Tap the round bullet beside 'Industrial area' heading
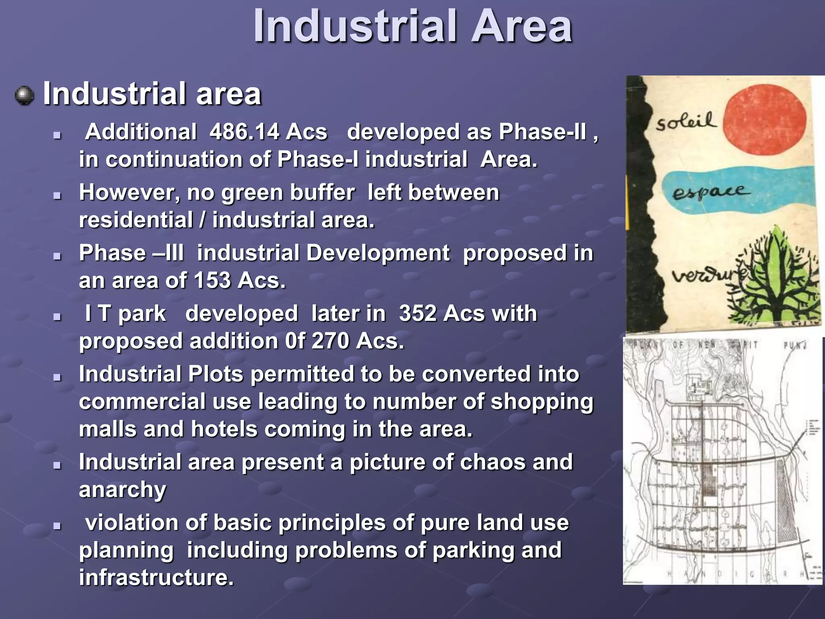[25, 96]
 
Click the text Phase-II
[543, 132]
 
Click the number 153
[212, 280]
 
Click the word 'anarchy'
[122, 490]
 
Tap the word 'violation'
[132, 523]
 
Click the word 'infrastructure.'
[156, 577]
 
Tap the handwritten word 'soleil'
[686, 121]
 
